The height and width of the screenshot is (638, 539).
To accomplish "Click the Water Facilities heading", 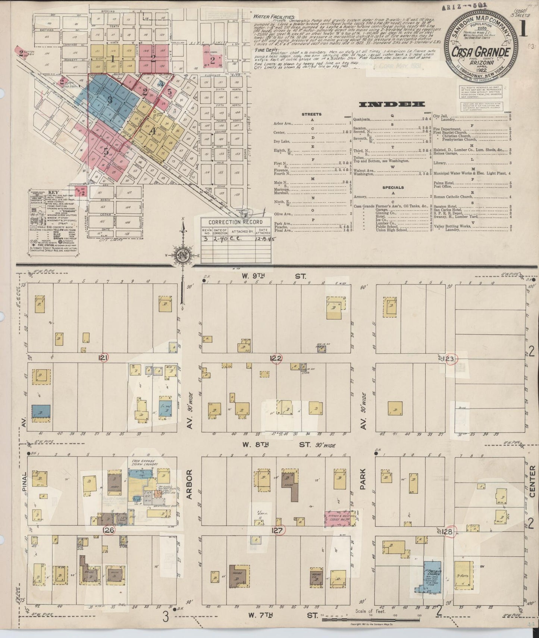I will coord(273,17).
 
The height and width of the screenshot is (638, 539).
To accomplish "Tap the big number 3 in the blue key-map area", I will coord(109,100).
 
